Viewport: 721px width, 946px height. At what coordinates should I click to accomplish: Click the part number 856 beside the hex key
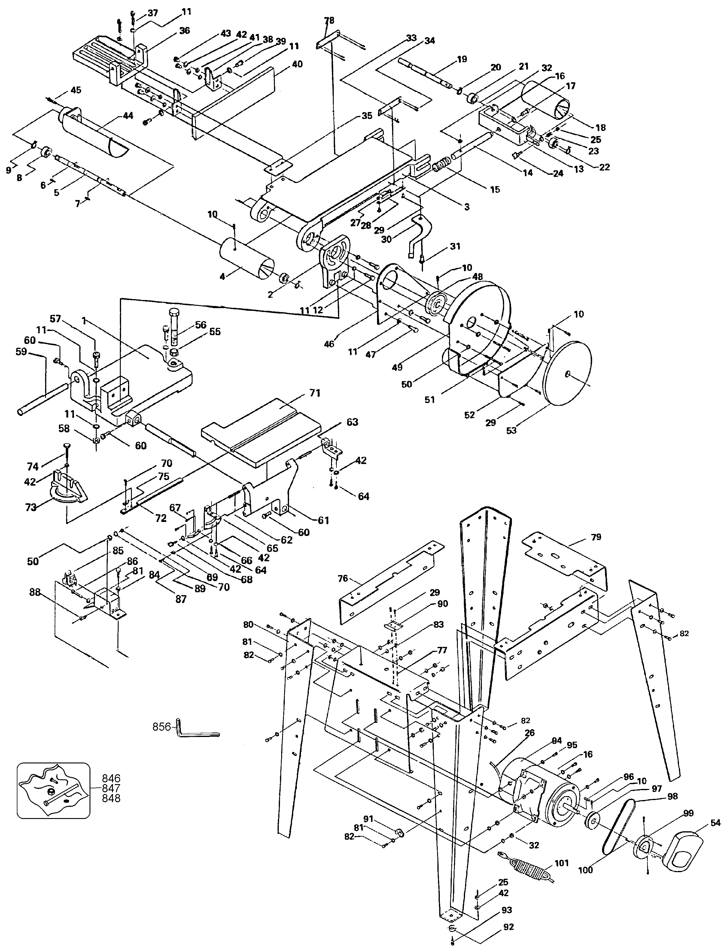tap(161, 727)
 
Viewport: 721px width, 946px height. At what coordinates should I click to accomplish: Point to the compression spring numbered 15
tap(442, 165)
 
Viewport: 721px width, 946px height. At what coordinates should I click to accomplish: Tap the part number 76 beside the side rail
tap(342, 579)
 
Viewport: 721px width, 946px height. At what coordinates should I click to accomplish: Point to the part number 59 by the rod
tap(33, 351)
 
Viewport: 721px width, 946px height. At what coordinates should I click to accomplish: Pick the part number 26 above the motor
tap(530, 733)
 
